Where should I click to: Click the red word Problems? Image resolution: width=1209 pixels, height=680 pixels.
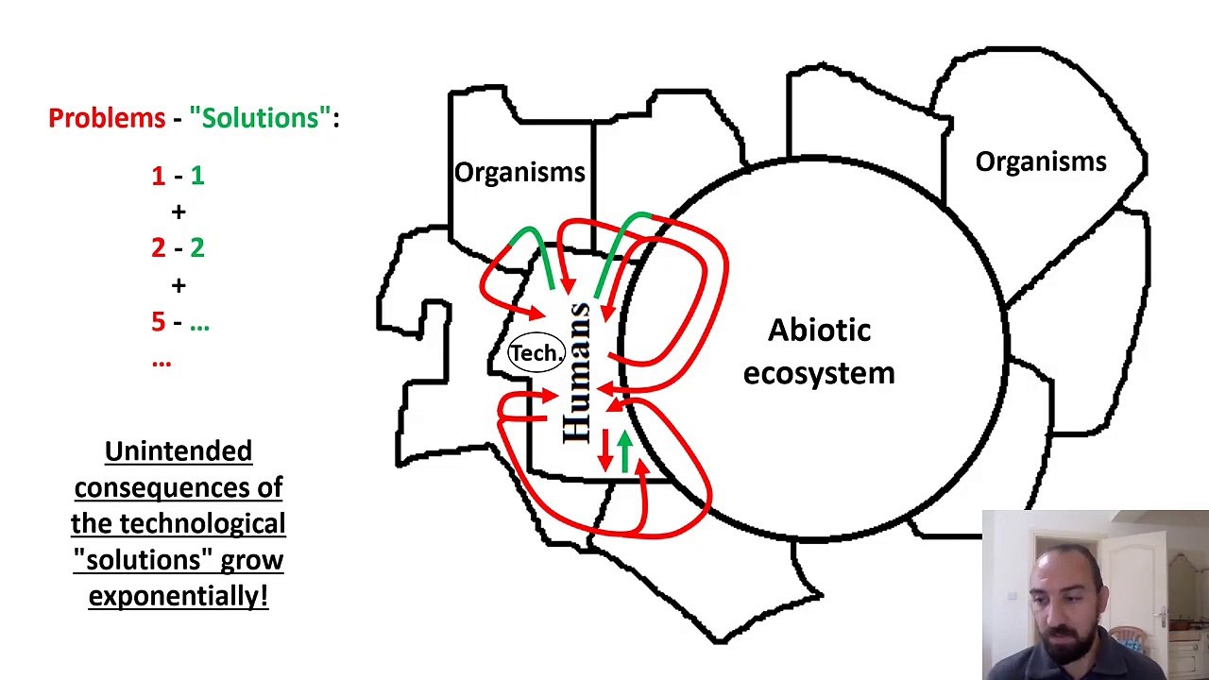[x=107, y=118]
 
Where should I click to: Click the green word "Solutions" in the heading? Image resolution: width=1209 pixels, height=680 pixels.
[x=260, y=117]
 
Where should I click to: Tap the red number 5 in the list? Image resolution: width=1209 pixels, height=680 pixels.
[x=158, y=321]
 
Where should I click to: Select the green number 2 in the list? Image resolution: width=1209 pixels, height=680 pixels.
[x=197, y=247]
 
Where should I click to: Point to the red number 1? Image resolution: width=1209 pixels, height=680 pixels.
[x=158, y=176]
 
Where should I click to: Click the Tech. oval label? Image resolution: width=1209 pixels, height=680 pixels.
[x=536, y=353]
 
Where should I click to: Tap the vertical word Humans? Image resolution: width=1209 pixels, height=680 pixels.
[x=576, y=373]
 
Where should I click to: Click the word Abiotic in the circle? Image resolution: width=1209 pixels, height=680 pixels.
[x=819, y=330]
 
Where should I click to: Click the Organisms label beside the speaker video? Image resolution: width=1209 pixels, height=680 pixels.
[x=1041, y=161]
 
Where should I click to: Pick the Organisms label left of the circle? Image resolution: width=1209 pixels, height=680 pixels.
[x=519, y=173]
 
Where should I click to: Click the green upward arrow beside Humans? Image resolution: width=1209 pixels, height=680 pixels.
[x=625, y=451]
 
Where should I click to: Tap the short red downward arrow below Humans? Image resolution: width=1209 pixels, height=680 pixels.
[x=605, y=450]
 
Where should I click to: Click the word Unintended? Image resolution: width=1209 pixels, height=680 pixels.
[x=179, y=451]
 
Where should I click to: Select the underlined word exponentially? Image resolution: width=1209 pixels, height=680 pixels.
[x=179, y=596]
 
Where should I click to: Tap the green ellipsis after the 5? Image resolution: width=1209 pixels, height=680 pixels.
[x=199, y=327]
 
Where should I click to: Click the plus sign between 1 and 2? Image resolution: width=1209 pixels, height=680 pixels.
[x=179, y=212]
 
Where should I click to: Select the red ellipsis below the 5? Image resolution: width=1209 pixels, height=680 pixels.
[x=162, y=364]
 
